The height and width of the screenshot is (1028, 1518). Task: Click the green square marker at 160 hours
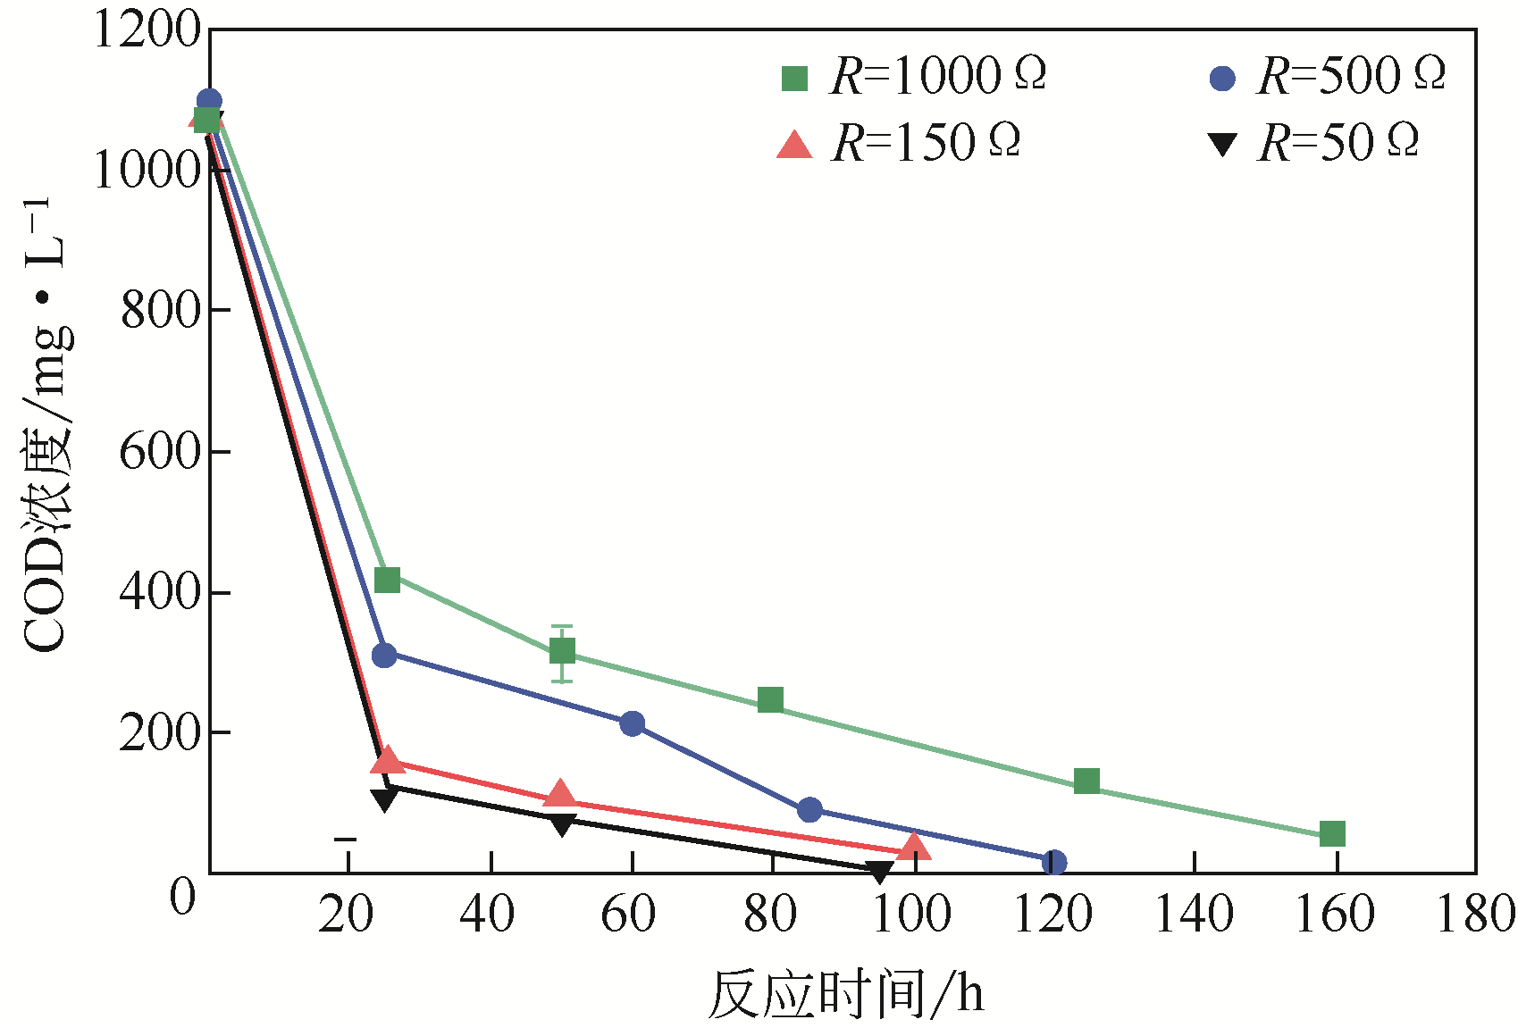pyautogui.click(x=1331, y=833)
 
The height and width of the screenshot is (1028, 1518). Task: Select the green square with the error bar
pyautogui.click(x=562, y=651)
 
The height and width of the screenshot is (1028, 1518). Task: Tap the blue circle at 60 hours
pyautogui.click(x=632, y=723)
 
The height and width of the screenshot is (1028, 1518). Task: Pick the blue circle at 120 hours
pyautogui.click(x=1053, y=862)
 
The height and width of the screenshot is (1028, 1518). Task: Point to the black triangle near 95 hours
pyautogui.click(x=879, y=870)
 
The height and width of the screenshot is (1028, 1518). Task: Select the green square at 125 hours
pyautogui.click(x=1086, y=781)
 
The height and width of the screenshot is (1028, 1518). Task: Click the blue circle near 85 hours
pyautogui.click(x=809, y=810)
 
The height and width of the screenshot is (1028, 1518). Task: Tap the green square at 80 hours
pyautogui.click(x=770, y=699)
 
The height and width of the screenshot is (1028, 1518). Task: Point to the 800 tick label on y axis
pyautogui.click(x=160, y=311)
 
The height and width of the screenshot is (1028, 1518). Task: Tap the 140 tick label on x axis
pyautogui.click(x=1194, y=915)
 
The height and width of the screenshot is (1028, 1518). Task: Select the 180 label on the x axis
pyautogui.click(x=1475, y=915)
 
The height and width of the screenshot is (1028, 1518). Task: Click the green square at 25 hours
pyautogui.click(x=387, y=580)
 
